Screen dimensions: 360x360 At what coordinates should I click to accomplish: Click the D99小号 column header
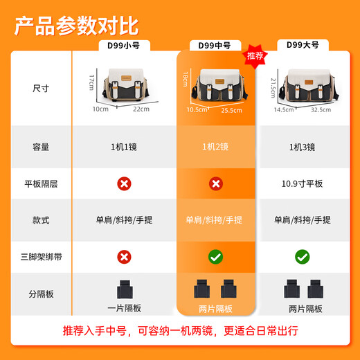pyautogui.click(x=124, y=46)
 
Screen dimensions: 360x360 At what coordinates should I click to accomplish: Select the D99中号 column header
pyautogui.click(x=215, y=46)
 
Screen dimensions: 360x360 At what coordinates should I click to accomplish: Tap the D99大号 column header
pyautogui.click(x=303, y=45)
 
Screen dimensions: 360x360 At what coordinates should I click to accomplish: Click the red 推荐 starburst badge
pyautogui.click(x=255, y=56)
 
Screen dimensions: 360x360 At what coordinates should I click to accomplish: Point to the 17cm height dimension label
pyautogui.click(x=91, y=82)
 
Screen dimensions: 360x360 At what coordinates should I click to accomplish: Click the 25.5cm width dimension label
pyautogui.click(x=232, y=111)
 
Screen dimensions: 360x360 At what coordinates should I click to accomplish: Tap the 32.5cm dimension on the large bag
pyautogui.click(x=321, y=110)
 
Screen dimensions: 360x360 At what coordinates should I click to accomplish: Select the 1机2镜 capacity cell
pyautogui.click(x=215, y=147)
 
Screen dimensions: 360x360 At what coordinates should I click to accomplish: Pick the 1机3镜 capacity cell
pyautogui.click(x=303, y=147)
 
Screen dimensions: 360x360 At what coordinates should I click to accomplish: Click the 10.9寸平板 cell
pyautogui.click(x=302, y=183)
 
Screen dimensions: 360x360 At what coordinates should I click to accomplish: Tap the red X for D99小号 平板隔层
pyautogui.click(x=124, y=183)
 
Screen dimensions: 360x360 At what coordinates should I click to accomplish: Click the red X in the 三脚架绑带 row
pyautogui.click(x=124, y=257)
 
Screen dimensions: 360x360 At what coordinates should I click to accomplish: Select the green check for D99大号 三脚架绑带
pyautogui.click(x=303, y=257)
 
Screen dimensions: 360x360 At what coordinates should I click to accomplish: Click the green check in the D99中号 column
pyautogui.click(x=215, y=257)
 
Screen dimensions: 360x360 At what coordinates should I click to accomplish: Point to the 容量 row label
pyautogui.click(x=41, y=147)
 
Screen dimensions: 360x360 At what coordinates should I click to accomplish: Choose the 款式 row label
pyautogui.click(x=41, y=220)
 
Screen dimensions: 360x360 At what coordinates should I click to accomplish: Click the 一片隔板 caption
pyautogui.click(x=124, y=308)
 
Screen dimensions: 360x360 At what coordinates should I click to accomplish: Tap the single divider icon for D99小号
pyautogui.click(x=125, y=289)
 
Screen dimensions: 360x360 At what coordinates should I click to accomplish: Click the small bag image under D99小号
pyautogui.click(x=125, y=85)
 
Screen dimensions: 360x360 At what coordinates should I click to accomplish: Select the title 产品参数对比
pyautogui.click(x=76, y=26)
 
